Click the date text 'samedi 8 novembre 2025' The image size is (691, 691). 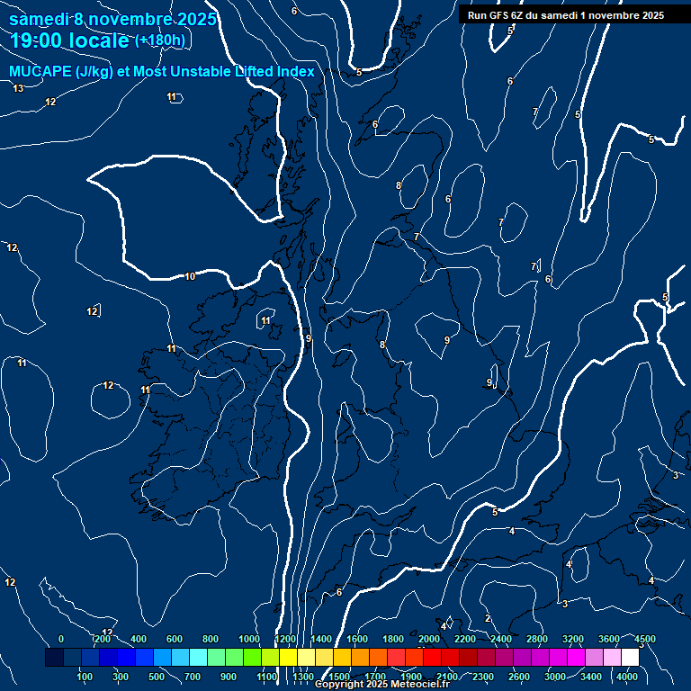tap(112, 19)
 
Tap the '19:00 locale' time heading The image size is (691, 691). tap(70, 40)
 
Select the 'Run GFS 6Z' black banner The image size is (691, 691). tap(566, 15)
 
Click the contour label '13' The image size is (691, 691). tap(18, 88)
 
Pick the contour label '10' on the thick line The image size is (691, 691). tap(190, 276)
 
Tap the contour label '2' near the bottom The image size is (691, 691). tap(488, 618)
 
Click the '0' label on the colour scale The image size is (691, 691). tap(61, 639)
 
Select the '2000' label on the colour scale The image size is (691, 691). tap(428, 639)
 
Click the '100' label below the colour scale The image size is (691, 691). tap(85, 677)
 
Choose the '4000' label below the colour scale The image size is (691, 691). tap(627, 677)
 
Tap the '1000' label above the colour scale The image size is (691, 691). tap(249, 639)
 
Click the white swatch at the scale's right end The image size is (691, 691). tap(630, 658)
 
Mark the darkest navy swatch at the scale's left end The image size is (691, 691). tap(54, 658)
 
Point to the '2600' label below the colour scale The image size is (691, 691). tap(519, 677)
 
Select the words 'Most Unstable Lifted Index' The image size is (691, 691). tap(223, 72)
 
